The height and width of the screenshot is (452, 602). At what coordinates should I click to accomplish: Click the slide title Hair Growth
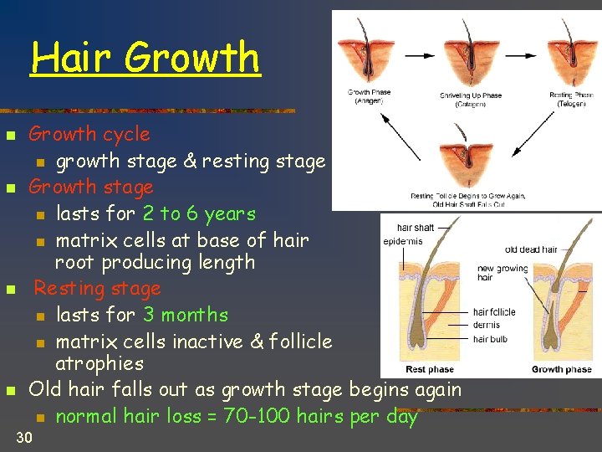pyautogui.click(x=145, y=57)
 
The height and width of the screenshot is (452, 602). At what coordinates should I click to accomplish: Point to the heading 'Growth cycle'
pyautogui.click(x=89, y=134)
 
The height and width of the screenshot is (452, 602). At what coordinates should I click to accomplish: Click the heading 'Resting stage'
pyautogui.click(x=97, y=289)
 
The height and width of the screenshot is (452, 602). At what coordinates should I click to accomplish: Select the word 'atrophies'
pyautogui.click(x=99, y=364)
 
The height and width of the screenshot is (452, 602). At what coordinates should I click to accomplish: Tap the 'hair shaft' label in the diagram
pyautogui.click(x=415, y=227)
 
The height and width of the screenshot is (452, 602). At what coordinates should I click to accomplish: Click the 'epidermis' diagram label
pyautogui.click(x=403, y=240)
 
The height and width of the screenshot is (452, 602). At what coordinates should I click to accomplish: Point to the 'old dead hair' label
pyautogui.click(x=531, y=249)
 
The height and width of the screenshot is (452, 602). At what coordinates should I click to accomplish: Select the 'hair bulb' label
pyautogui.click(x=491, y=339)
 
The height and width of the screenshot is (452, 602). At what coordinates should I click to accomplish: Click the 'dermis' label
pyautogui.click(x=487, y=325)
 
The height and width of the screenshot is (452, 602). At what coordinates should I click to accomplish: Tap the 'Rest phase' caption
pyautogui.click(x=429, y=369)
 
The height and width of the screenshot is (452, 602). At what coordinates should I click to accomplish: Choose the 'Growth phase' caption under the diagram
pyautogui.click(x=561, y=369)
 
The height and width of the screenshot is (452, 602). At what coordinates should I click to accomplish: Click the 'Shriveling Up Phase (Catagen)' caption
pyautogui.click(x=471, y=100)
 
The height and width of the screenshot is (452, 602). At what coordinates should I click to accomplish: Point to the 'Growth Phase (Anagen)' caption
pyautogui.click(x=369, y=96)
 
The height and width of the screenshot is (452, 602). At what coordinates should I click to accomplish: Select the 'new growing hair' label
pyautogui.click(x=502, y=273)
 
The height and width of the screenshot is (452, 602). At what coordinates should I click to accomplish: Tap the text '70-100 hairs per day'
pyautogui.click(x=320, y=416)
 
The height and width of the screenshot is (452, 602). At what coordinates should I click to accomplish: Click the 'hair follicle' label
pyautogui.click(x=494, y=311)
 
